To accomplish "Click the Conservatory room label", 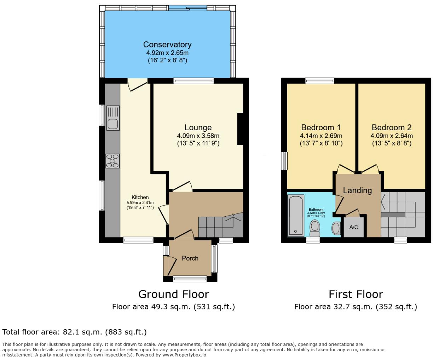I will [167, 45].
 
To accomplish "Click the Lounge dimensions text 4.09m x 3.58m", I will [198, 136].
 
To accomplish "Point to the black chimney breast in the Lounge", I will [240, 129].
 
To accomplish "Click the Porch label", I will [190, 258].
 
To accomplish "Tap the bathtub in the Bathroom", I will [296, 216].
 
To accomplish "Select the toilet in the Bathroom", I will [314, 228].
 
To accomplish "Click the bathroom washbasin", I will [336, 228].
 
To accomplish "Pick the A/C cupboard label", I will [354, 227].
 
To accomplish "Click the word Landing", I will [357, 190].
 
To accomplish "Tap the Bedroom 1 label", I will [321, 127].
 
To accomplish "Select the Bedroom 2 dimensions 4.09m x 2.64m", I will [392, 136].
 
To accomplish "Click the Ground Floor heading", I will [174, 294].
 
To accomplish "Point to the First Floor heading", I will [356, 294].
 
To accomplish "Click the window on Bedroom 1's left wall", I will [284, 161].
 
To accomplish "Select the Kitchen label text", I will [140, 197].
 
